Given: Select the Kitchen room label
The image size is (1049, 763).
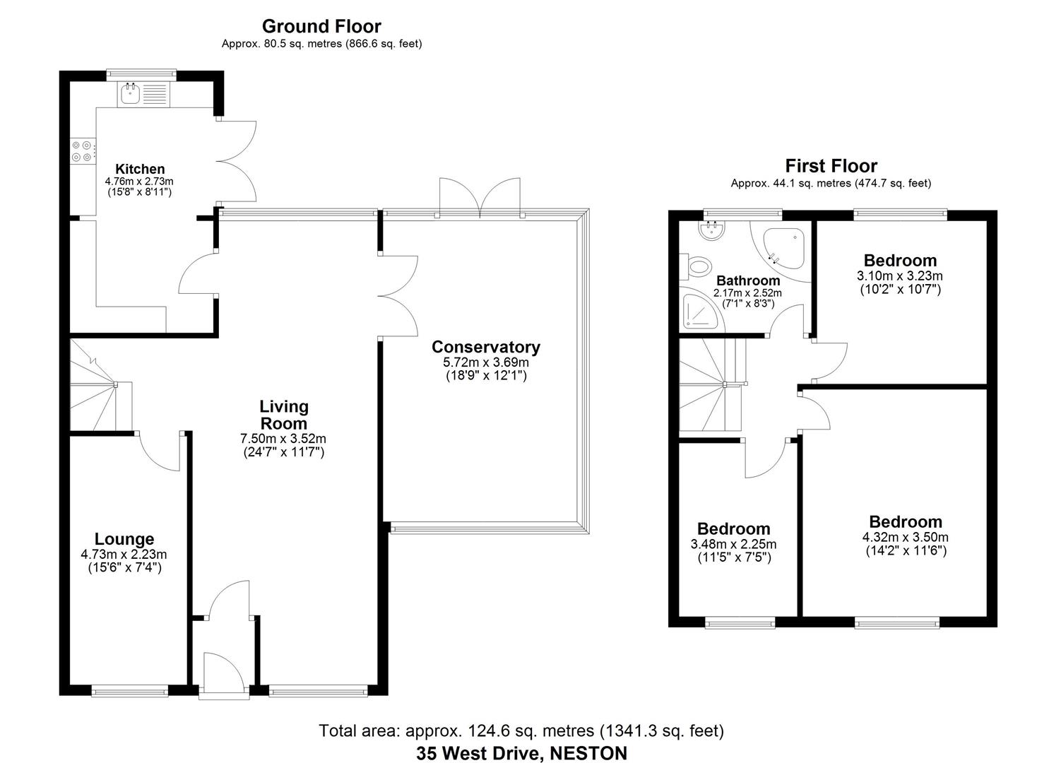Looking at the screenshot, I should tap(140, 169).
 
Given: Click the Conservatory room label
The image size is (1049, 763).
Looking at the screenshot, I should tap(485, 347).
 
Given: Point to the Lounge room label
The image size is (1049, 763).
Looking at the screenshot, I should tap(124, 540).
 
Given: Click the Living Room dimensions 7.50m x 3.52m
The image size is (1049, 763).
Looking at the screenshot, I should tap(283, 439).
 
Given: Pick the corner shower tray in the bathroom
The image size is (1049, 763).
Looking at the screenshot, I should tap(700, 313).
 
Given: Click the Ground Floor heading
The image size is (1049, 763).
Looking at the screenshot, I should tap(321, 27).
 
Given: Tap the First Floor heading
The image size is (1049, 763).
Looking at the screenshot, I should tap(831, 166).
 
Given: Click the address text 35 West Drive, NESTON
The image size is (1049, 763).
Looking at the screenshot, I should tap(521, 753).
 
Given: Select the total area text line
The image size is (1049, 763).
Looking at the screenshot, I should tap(521, 731).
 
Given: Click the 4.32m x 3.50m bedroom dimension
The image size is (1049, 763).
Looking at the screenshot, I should tap(905, 537).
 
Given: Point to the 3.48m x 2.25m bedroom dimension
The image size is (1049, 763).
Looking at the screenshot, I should tap(733, 544).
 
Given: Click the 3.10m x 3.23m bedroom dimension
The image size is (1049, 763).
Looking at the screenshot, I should tap(899, 276).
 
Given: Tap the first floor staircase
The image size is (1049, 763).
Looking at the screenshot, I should tap(710, 385).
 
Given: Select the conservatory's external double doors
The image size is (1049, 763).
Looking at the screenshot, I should tap(480, 196).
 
